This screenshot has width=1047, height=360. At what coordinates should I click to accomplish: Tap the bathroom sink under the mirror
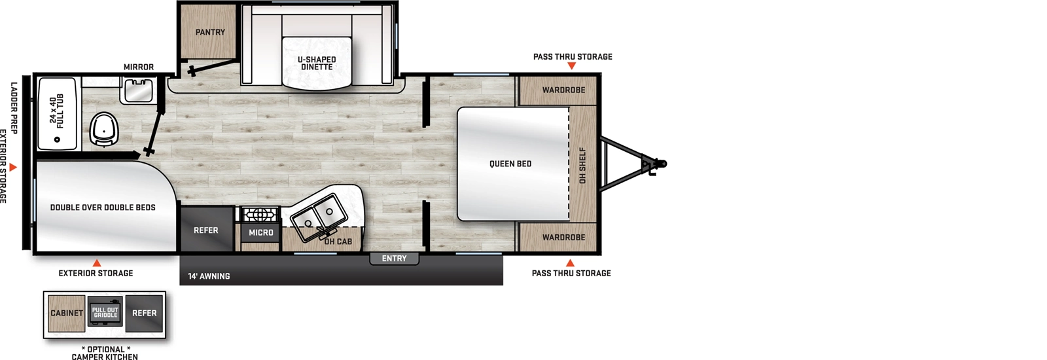138,90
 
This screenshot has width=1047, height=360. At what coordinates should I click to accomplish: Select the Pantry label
210,32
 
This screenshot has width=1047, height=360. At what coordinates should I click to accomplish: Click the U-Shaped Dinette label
317,63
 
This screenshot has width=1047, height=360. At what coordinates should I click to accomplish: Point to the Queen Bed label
510,164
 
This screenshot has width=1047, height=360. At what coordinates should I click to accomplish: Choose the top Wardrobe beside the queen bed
563,90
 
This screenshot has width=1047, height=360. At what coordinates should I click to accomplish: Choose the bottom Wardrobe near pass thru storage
563,237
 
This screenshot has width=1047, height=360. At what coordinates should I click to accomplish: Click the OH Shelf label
582,165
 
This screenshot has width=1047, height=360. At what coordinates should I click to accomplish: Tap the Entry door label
394,259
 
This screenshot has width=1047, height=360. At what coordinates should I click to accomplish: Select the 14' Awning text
209,276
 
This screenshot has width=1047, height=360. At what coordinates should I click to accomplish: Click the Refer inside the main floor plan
205,230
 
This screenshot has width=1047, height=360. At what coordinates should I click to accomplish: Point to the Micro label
260,232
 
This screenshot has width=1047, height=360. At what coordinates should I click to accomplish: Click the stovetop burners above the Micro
260,214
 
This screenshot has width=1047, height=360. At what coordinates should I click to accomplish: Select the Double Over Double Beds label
103,207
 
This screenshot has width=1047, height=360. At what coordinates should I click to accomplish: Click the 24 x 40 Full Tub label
57,111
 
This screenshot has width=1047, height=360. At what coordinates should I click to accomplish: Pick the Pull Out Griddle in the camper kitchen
105,313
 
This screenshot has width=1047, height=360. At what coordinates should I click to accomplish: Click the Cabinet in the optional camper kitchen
67,313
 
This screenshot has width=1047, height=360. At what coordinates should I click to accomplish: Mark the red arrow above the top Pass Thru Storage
571,66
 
